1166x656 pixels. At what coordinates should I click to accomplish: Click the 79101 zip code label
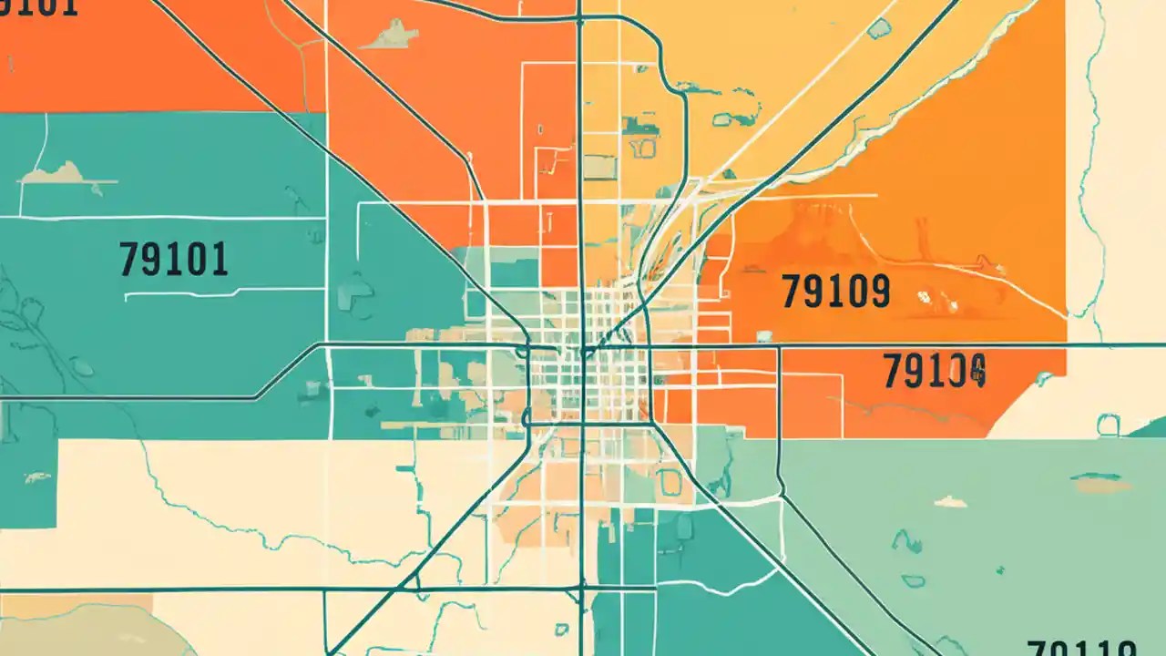coord(173,260)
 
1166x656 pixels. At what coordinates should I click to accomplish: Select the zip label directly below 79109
coord(935,372)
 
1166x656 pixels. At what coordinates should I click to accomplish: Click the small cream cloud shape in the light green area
coord(950,501)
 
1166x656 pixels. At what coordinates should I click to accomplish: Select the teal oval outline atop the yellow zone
coord(879,29)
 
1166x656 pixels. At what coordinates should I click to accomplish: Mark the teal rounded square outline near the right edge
coord(1108,424)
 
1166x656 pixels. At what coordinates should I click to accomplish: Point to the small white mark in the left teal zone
coord(36,477)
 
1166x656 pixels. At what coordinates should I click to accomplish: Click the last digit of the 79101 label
coord(219,260)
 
